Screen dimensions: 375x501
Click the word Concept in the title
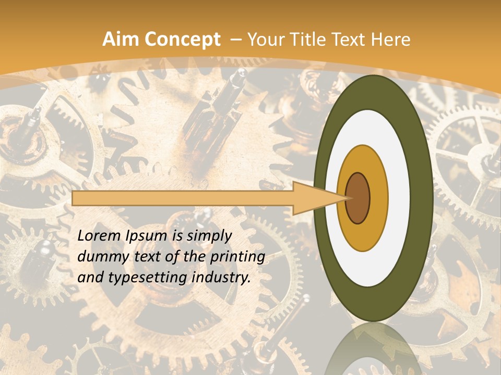(180, 40)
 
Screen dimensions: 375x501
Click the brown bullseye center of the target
(358, 198)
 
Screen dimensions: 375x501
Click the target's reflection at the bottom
(373, 352)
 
